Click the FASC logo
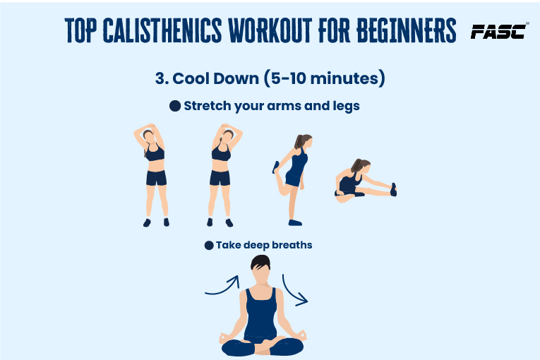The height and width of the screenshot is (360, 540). [498, 32]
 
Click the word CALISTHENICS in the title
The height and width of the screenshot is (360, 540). [162, 30]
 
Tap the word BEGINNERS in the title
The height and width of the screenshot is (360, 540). [407, 30]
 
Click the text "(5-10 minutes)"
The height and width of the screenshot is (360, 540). [325, 78]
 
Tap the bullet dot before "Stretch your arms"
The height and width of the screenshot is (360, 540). [175, 106]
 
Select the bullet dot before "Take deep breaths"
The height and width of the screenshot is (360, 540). [209, 245]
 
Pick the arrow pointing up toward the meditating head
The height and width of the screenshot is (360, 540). [223, 287]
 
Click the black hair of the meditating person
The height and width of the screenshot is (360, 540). [260, 263]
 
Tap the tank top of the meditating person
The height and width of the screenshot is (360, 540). [260, 316]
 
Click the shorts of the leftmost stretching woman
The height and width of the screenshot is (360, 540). [156, 178]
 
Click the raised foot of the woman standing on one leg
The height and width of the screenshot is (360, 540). [276, 167]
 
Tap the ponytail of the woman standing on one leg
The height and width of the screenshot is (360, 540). [299, 141]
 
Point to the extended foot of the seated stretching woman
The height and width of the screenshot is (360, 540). [393, 190]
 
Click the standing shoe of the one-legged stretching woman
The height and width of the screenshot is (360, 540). [295, 222]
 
